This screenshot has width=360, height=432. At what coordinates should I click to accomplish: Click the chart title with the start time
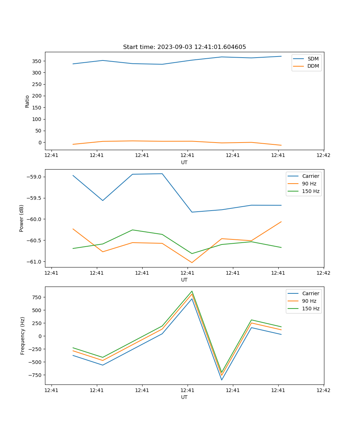coord(184,47)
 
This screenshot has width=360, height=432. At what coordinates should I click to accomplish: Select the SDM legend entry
coord(313,59)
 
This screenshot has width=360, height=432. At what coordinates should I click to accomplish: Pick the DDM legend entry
coord(313,66)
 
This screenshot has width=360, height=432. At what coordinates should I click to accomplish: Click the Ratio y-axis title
coord(27,101)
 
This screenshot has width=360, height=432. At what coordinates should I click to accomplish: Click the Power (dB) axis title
coord(22,218)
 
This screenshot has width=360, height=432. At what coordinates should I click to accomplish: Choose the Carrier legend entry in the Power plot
coord(310,176)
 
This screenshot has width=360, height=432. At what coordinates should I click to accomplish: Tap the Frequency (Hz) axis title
coord(23,336)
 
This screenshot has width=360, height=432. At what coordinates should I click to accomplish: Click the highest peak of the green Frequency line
coord(192,291)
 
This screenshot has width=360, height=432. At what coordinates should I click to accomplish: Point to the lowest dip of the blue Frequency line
coord(222,380)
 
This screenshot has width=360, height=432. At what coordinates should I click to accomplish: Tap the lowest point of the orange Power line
coord(192,262)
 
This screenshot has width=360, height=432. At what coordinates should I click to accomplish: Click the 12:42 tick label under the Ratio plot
coord(323,156)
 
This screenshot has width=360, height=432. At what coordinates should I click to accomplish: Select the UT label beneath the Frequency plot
coord(184,397)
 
